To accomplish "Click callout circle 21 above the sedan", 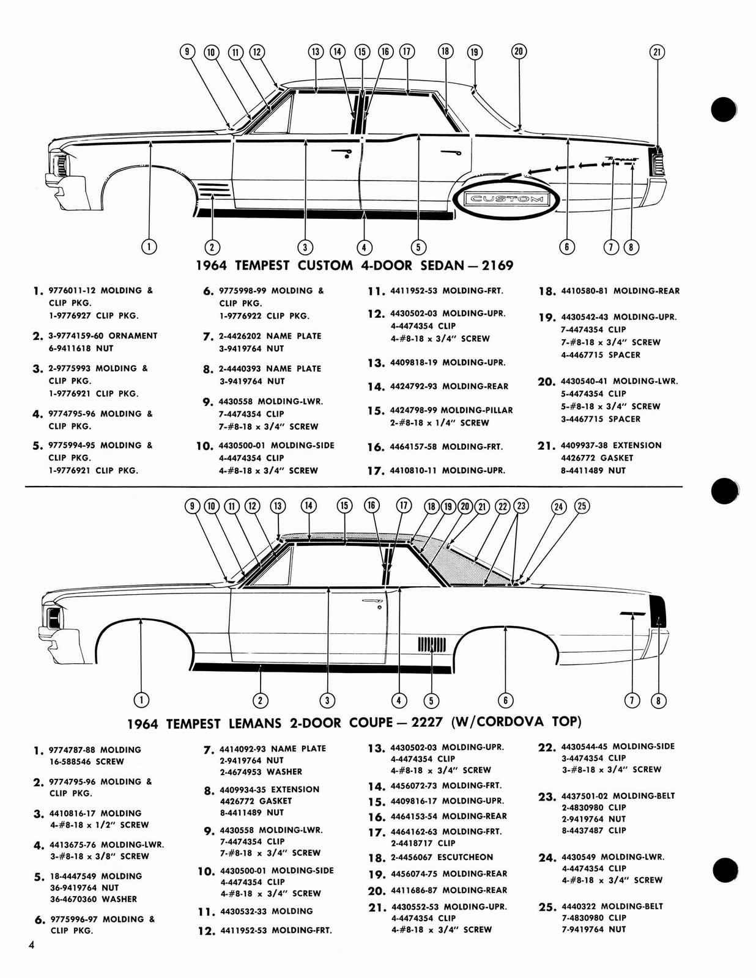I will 657,53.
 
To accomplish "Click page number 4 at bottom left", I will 31,946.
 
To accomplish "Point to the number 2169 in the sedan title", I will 498,265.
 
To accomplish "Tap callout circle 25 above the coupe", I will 582,506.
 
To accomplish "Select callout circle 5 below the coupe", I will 431,700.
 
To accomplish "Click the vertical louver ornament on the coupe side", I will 431,644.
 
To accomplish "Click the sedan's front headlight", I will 61,165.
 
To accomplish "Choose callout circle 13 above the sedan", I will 315,52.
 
